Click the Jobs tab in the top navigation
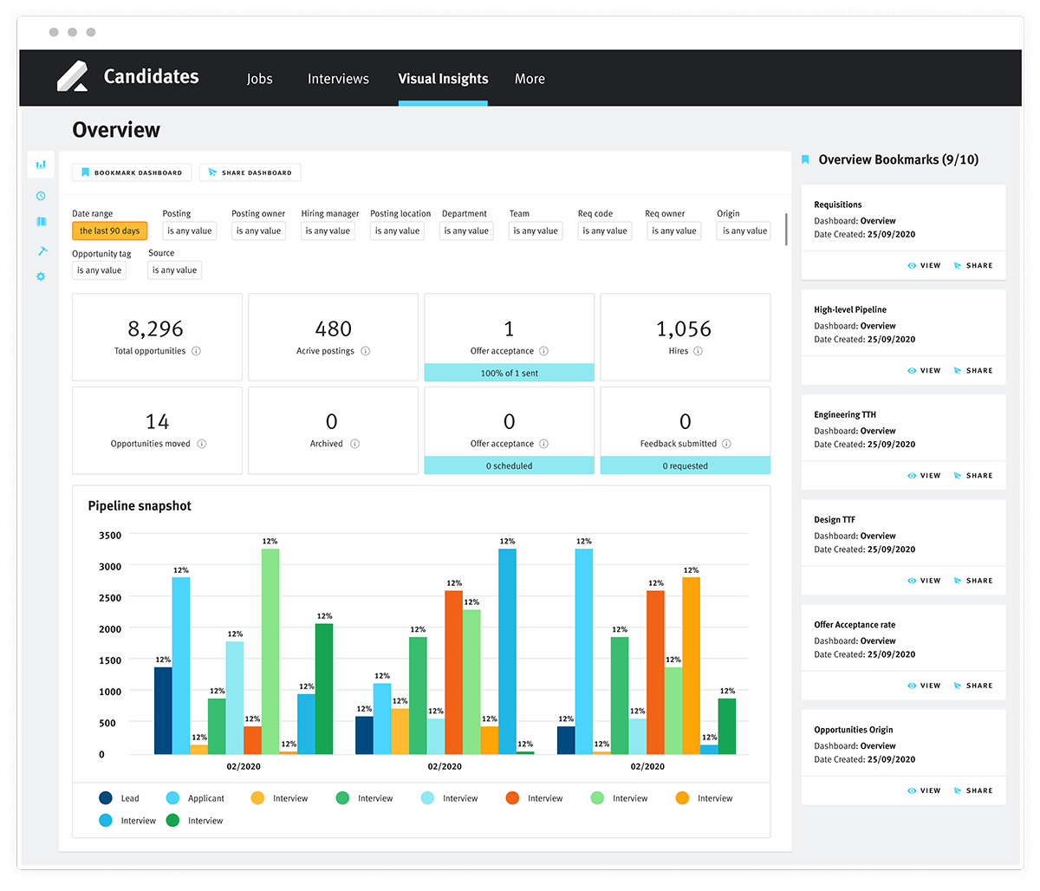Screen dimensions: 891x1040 coord(259,79)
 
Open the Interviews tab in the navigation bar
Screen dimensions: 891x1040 coord(338,79)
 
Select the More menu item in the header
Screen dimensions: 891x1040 coord(530,79)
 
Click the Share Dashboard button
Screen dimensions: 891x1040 coord(250,172)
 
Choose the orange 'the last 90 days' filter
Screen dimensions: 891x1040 coord(109,231)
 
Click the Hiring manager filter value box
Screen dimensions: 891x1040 coord(328,231)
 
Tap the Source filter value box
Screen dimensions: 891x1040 coord(174,270)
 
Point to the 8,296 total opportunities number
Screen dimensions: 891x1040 coord(156,329)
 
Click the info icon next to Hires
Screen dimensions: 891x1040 coord(698,351)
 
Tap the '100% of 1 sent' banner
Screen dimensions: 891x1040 coord(509,374)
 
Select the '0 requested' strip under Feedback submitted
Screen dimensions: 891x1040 coord(685,466)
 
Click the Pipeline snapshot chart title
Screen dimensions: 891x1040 coord(140,506)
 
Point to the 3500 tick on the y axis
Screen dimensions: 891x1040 coord(110,536)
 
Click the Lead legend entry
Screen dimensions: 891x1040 coord(129,798)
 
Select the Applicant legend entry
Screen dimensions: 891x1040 coord(205,798)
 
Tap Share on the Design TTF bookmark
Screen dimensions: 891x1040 coord(973,581)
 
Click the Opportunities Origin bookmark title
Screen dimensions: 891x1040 coord(853,730)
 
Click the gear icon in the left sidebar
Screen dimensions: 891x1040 coord(41,276)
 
